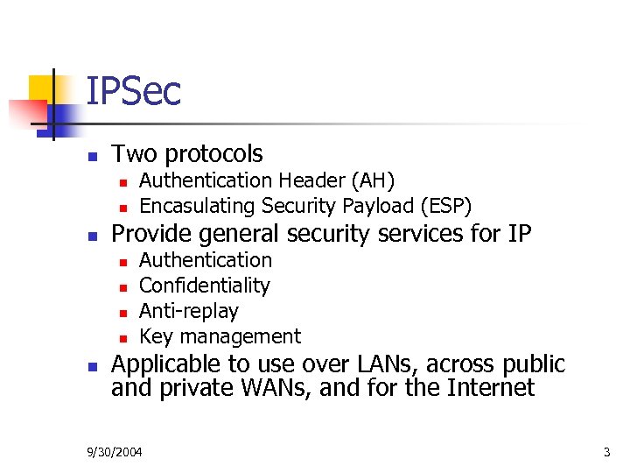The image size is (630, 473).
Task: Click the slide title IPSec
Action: tap(133, 91)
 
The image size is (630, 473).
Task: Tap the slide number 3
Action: tap(605, 453)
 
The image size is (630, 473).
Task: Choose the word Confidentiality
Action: tap(205, 286)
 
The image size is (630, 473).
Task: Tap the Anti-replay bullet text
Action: tap(189, 311)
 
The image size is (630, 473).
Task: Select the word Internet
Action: tap(491, 387)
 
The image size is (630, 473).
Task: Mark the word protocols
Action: tap(213, 154)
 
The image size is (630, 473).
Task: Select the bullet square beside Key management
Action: tap(124, 338)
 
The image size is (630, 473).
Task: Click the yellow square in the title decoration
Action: tap(44, 89)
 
